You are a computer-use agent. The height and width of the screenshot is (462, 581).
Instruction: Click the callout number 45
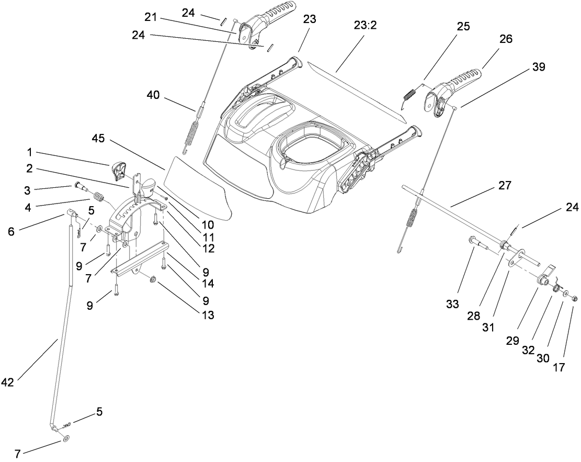point(98,139)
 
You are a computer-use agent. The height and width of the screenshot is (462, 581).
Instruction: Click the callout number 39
point(539,66)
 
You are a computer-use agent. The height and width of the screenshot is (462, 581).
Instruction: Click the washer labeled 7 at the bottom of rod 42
point(64,436)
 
